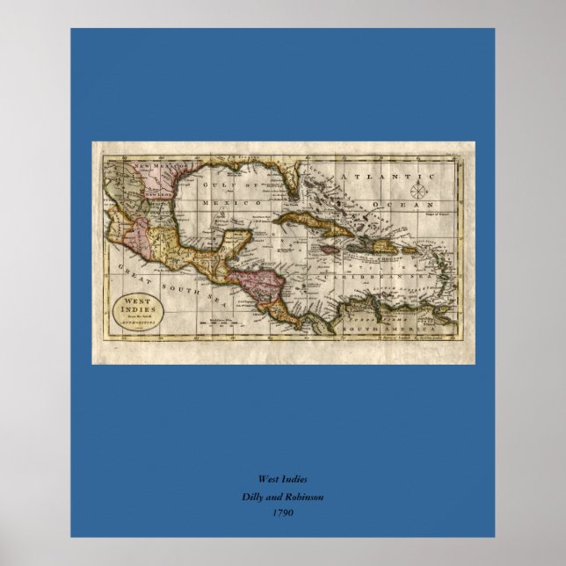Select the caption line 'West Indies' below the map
[x=282, y=479]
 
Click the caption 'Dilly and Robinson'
[x=282, y=497]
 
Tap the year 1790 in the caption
[x=282, y=513]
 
